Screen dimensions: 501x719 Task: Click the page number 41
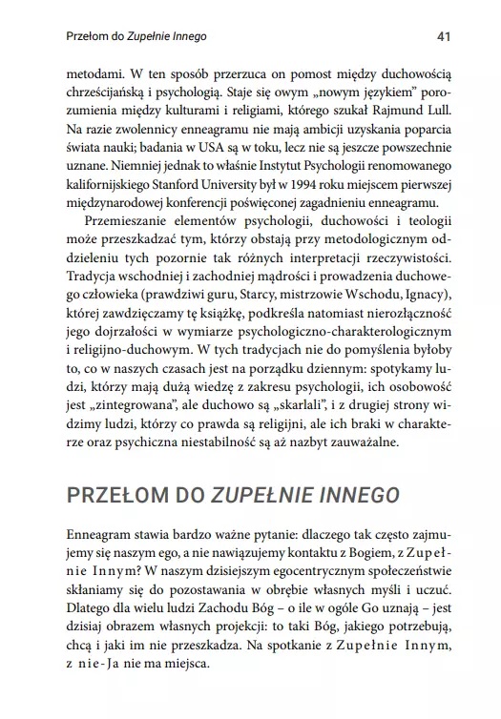pyautogui.click(x=442, y=37)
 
